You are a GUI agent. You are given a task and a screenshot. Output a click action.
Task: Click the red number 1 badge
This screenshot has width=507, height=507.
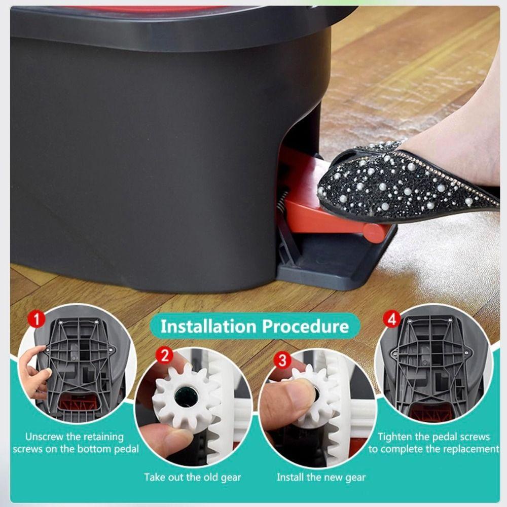click(36, 319)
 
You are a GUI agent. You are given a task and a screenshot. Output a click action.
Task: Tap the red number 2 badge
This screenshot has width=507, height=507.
click(165, 355)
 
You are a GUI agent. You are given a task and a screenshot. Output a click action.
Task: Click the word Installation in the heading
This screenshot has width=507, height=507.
click(208, 326)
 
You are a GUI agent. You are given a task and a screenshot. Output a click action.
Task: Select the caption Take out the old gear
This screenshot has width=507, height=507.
click(193, 477)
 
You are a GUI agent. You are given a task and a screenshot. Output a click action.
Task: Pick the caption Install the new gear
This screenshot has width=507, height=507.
click(321, 477)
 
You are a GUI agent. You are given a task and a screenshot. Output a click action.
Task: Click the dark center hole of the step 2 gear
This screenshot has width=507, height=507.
click(184, 397)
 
